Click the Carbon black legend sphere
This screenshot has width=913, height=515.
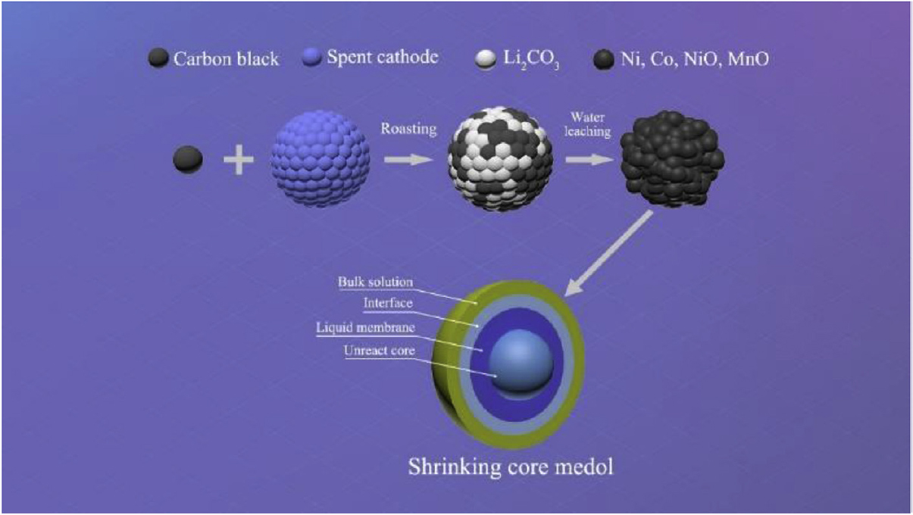tap(158, 58)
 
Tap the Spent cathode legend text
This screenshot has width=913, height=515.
tap(383, 57)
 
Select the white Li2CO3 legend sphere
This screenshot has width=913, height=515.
tap(486, 59)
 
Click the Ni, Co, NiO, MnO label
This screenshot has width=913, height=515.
tap(695, 59)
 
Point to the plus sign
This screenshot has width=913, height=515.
tap(239, 159)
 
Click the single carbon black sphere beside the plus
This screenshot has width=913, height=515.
tap(188, 159)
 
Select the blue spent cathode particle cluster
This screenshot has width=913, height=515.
tap(320, 159)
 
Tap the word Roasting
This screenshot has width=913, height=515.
tap(408, 129)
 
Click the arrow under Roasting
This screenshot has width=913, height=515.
tap(408, 159)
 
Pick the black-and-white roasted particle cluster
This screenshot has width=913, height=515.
tap(500, 159)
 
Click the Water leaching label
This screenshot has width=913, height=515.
tap(588, 124)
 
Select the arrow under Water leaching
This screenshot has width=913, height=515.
tap(589, 159)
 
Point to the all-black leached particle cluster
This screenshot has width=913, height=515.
tap(672, 159)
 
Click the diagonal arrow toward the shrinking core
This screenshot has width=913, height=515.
tap(608, 253)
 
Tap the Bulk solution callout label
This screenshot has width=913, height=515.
tap(375, 282)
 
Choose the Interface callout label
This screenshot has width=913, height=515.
tap(388, 303)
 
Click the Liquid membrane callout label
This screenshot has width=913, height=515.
tap(366, 328)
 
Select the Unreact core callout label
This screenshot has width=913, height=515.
tap(380, 351)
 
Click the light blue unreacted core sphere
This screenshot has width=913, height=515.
tap(521, 361)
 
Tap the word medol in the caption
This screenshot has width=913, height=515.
tap(584, 467)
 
